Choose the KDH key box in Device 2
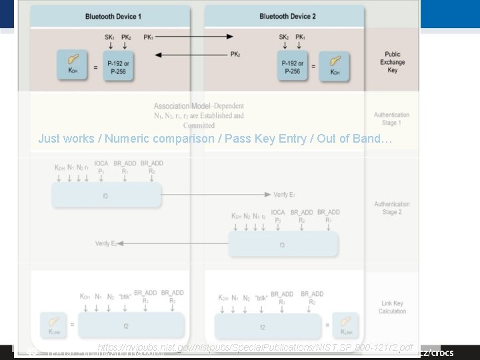337,65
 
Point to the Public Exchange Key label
392,62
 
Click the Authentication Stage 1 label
392,119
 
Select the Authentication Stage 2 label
392,208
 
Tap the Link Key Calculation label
392,307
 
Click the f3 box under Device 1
107,195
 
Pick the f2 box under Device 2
263,327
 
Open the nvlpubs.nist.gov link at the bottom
255,348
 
